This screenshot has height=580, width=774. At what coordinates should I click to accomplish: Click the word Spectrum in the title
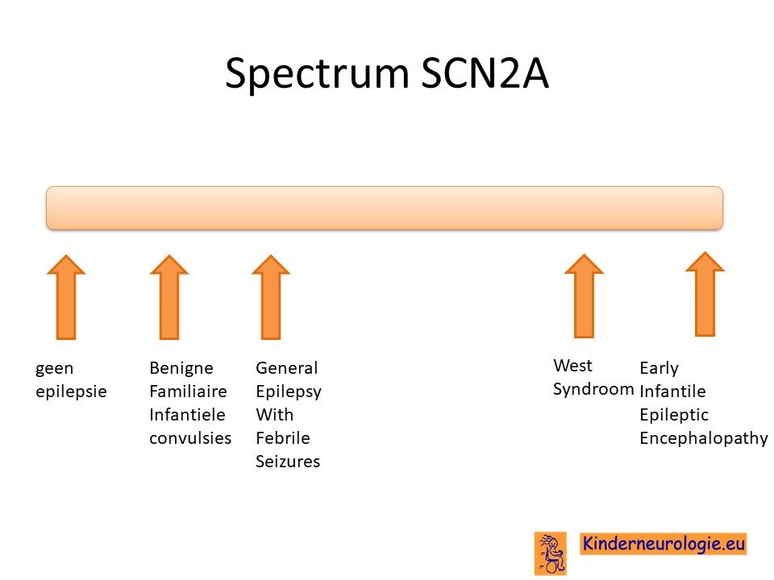(x=317, y=74)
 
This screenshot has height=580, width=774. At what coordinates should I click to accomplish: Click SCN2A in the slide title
(x=485, y=73)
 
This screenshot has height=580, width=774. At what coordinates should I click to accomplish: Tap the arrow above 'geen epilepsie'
(x=66, y=297)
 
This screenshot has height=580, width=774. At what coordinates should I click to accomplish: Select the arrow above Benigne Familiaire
(x=169, y=297)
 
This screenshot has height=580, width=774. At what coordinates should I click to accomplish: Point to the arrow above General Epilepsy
(x=271, y=297)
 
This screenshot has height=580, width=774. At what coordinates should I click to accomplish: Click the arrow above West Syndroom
(x=584, y=296)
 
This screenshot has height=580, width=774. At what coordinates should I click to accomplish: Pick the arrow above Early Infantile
(x=705, y=295)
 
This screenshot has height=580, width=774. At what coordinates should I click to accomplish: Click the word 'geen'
(x=54, y=369)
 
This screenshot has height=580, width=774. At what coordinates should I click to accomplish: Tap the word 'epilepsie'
(x=71, y=391)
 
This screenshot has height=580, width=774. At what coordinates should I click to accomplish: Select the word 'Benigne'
(x=181, y=368)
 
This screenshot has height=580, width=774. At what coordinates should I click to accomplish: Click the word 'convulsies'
(x=190, y=438)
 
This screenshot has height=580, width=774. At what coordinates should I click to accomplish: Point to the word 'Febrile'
(x=283, y=438)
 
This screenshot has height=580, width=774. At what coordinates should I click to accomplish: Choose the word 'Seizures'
(x=288, y=462)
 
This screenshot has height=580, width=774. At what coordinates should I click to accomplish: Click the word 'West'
(x=572, y=366)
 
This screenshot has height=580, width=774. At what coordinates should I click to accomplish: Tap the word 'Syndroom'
(x=593, y=390)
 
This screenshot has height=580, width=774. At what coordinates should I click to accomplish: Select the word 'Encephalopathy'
(x=703, y=438)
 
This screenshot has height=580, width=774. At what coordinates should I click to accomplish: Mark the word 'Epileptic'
(x=674, y=416)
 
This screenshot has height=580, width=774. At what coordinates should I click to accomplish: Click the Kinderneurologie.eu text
(x=664, y=544)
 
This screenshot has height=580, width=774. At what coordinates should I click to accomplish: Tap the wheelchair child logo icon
(x=551, y=553)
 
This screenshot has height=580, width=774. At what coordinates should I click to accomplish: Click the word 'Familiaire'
(x=188, y=391)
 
